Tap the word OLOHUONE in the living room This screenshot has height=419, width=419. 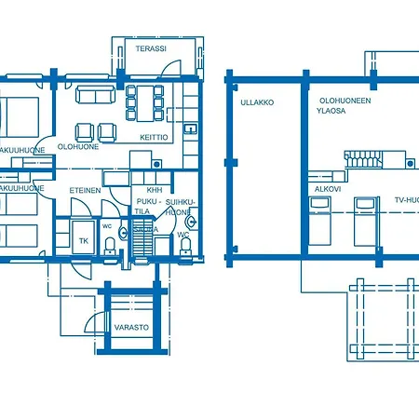point(78,146)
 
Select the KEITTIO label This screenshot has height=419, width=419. point(154,137)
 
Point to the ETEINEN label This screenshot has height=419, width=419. point(85,190)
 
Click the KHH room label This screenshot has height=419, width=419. point(142,190)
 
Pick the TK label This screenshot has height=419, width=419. point(83,240)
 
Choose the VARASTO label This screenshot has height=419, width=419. point(131,328)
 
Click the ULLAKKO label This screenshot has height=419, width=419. point(256,102)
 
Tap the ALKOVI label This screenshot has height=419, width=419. point(327,189)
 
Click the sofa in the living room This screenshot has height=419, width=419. point(97,96)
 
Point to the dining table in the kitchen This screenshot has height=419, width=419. point(144,99)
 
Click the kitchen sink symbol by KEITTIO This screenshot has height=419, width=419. point(189,128)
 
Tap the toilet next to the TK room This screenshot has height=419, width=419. point(111,244)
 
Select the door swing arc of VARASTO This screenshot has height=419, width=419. point(97,322)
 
